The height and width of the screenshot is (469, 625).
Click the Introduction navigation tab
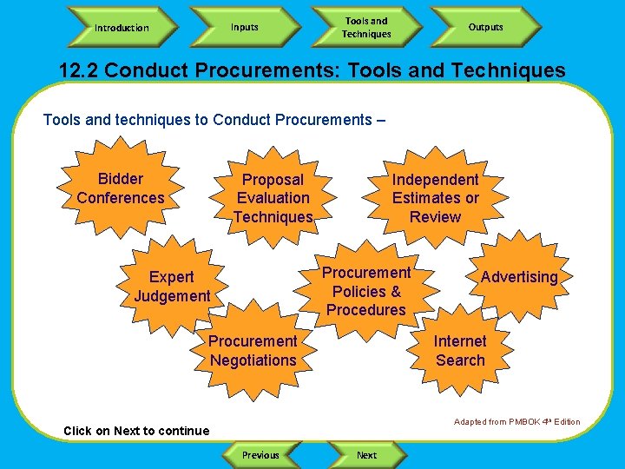point(122,28)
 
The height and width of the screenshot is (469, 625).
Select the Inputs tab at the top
point(244,27)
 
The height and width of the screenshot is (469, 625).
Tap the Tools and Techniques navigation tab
point(366,28)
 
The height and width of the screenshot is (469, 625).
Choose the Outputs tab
point(485,27)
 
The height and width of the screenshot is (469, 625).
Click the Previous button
point(260,454)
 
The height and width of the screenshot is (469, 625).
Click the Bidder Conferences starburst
point(121,188)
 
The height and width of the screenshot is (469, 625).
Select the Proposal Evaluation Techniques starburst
point(273,198)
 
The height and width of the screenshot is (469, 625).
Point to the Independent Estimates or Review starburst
point(435,198)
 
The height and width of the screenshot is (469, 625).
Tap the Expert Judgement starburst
point(172,287)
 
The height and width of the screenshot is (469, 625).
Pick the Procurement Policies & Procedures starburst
point(366,291)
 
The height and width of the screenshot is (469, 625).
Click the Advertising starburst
point(519,277)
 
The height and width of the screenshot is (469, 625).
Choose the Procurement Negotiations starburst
point(253,351)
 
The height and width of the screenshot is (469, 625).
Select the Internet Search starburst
point(460,350)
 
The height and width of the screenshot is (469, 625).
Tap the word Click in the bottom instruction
point(77,431)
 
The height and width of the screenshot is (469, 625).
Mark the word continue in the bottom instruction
point(184,431)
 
